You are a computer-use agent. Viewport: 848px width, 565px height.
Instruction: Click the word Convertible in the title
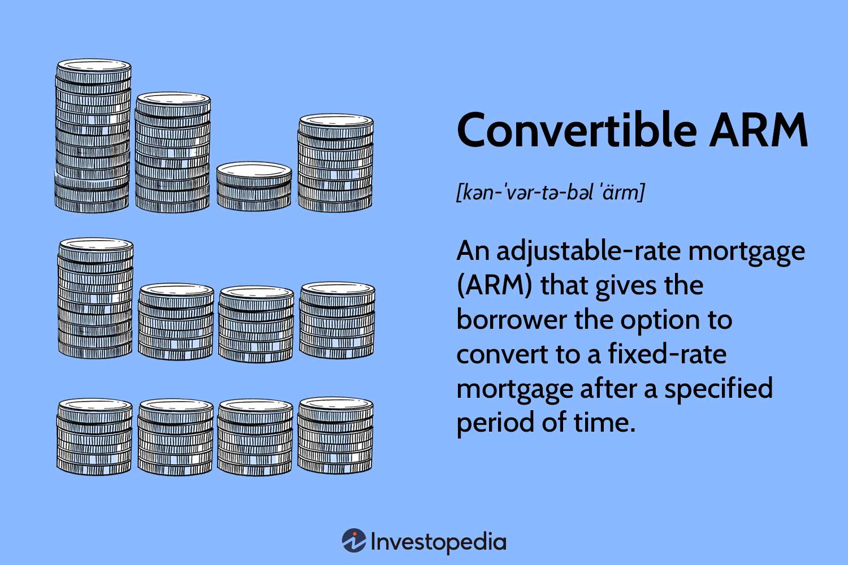click(577, 129)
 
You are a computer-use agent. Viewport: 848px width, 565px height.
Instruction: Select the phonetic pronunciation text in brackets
click(551, 193)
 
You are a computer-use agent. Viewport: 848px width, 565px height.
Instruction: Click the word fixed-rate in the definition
click(667, 354)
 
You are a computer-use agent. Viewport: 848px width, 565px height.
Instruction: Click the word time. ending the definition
click(604, 423)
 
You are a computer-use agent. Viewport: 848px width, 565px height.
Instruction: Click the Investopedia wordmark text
click(438, 542)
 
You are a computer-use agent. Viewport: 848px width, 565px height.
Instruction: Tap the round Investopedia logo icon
click(354, 540)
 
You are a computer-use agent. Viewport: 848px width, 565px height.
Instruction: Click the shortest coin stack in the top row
click(254, 186)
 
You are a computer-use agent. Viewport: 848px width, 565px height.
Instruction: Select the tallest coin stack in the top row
click(93, 136)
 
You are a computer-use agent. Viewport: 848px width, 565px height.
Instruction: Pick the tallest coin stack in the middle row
click(96, 298)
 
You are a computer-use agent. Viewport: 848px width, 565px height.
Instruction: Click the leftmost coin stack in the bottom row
click(94, 436)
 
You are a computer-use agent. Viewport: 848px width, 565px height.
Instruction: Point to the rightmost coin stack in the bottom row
click(335, 435)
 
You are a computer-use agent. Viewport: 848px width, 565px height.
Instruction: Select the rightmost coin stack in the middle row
click(337, 320)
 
